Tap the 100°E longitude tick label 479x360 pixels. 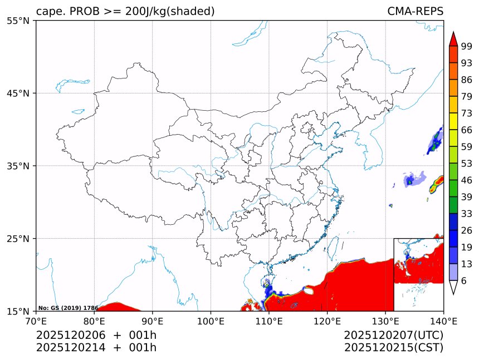click(211, 321)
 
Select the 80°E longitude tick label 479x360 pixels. click(94, 321)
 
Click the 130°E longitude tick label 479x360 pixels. click(385, 321)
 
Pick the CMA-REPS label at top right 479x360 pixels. click(415, 11)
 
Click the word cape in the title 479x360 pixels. click(47, 11)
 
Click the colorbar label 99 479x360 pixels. click(467, 46)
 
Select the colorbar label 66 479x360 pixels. click(467, 130)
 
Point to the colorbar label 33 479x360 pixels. click(467, 214)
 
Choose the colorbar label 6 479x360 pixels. click(464, 281)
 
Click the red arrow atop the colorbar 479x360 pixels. click(453, 39)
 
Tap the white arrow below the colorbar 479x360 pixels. click(453, 287)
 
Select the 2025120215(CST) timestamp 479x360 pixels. click(393, 348)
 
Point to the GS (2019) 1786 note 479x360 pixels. click(68, 308)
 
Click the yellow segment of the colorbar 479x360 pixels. click(453, 121)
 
